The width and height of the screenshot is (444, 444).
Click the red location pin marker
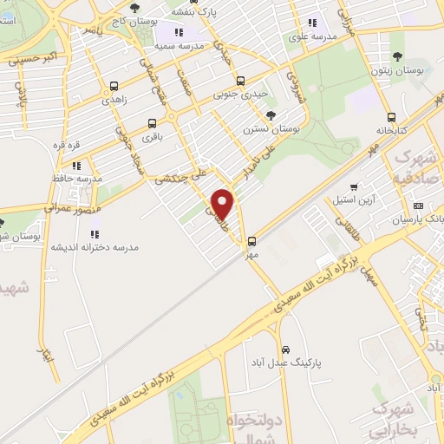coord(223,204)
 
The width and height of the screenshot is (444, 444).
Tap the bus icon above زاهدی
coord(114,87)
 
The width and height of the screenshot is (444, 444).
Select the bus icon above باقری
coord(153,123)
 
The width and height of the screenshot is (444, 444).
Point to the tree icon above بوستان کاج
coord(138,6)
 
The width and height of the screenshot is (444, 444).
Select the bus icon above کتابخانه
coord(392,117)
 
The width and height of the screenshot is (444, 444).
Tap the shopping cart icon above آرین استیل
coord(353,187)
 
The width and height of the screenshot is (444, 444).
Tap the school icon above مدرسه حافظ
coord(76,165)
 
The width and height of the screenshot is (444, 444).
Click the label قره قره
coord(68,144)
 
